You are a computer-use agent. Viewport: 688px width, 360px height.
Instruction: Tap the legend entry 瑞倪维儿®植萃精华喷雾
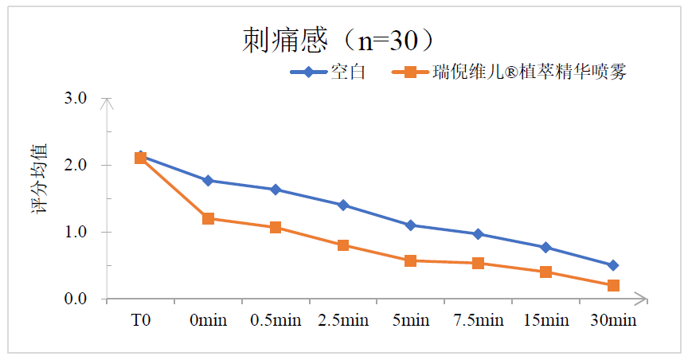click(x=529, y=72)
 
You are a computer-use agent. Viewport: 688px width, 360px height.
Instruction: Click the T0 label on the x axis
click(x=141, y=321)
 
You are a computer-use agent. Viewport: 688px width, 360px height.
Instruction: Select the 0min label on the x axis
click(x=208, y=321)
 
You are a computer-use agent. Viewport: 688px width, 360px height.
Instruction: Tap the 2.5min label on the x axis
click(x=343, y=321)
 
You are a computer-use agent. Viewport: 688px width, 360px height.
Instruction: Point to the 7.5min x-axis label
click(x=478, y=321)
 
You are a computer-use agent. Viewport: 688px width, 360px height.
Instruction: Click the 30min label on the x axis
click(x=613, y=321)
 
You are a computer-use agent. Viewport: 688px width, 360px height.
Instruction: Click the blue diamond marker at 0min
click(x=208, y=181)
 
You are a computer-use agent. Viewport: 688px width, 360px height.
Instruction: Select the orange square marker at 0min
click(x=208, y=218)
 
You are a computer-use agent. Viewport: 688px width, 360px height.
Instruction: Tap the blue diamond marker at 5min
click(x=411, y=225)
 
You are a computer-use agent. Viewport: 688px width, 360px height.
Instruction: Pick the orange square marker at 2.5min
click(x=343, y=245)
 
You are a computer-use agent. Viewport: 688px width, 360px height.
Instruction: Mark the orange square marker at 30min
click(x=613, y=285)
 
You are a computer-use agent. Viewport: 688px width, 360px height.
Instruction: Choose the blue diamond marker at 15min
click(x=545, y=248)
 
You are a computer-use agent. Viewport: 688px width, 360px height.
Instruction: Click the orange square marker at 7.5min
click(x=478, y=263)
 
